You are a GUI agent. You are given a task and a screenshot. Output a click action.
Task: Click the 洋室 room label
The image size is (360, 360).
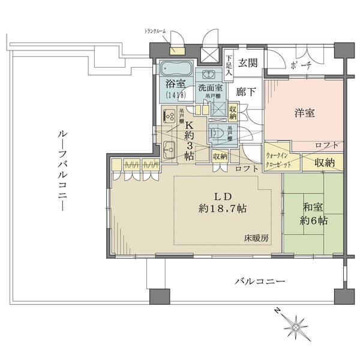pyautogui.click(x=305, y=113)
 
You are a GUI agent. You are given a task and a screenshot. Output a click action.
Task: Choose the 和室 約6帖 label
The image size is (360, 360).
pyautogui.click(x=314, y=214)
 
